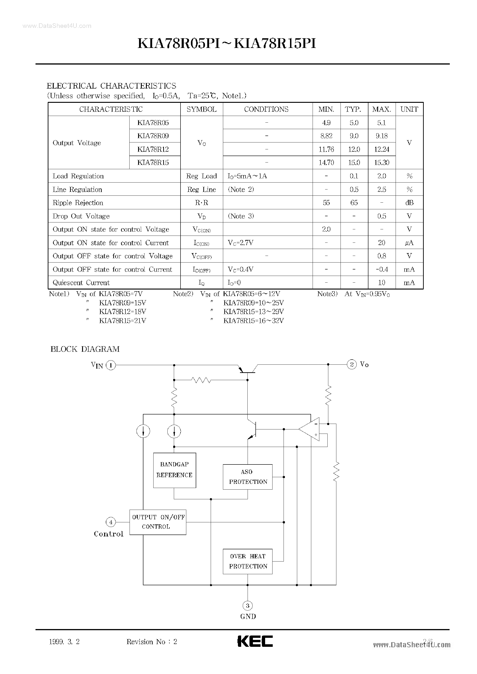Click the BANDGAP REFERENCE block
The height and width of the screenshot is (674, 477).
pyautogui.click(x=175, y=470)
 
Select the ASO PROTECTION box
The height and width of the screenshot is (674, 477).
pyautogui.click(x=248, y=477)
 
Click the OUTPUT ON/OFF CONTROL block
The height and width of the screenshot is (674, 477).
pyautogui.click(x=158, y=522)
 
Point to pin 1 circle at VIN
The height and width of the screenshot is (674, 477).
pyautogui.click(x=111, y=365)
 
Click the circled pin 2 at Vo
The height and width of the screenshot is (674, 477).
pyautogui.click(x=352, y=364)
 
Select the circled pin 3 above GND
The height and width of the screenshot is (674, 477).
pyautogui.click(x=248, y=605)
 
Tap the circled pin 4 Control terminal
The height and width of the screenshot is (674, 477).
pyautogui.click(x=111, y=522)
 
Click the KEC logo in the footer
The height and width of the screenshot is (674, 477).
pyautogui.click(x=255, y=641)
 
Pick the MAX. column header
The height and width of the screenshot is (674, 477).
pyautogui.click(x=382, y=109)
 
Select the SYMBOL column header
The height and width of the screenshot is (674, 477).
pyautogui.click(x=201, y=109)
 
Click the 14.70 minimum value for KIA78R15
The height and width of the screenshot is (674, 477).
pyautogui.click(x=326, y=163)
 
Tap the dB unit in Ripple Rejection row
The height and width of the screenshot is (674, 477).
pyautogui.click(x=409, y=203)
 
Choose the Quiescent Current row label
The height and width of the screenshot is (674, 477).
pyautogui.click(x=81, y=283)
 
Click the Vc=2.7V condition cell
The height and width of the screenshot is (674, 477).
pyautogui.click(x=240, y=242)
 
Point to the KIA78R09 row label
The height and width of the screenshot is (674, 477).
pyautogui.click(x=153, y=136)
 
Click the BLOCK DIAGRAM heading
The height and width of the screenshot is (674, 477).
pyautogui.click(x=85, y=349)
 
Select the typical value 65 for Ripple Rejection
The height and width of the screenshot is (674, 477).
pyautogui.click(x=354, y=203)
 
